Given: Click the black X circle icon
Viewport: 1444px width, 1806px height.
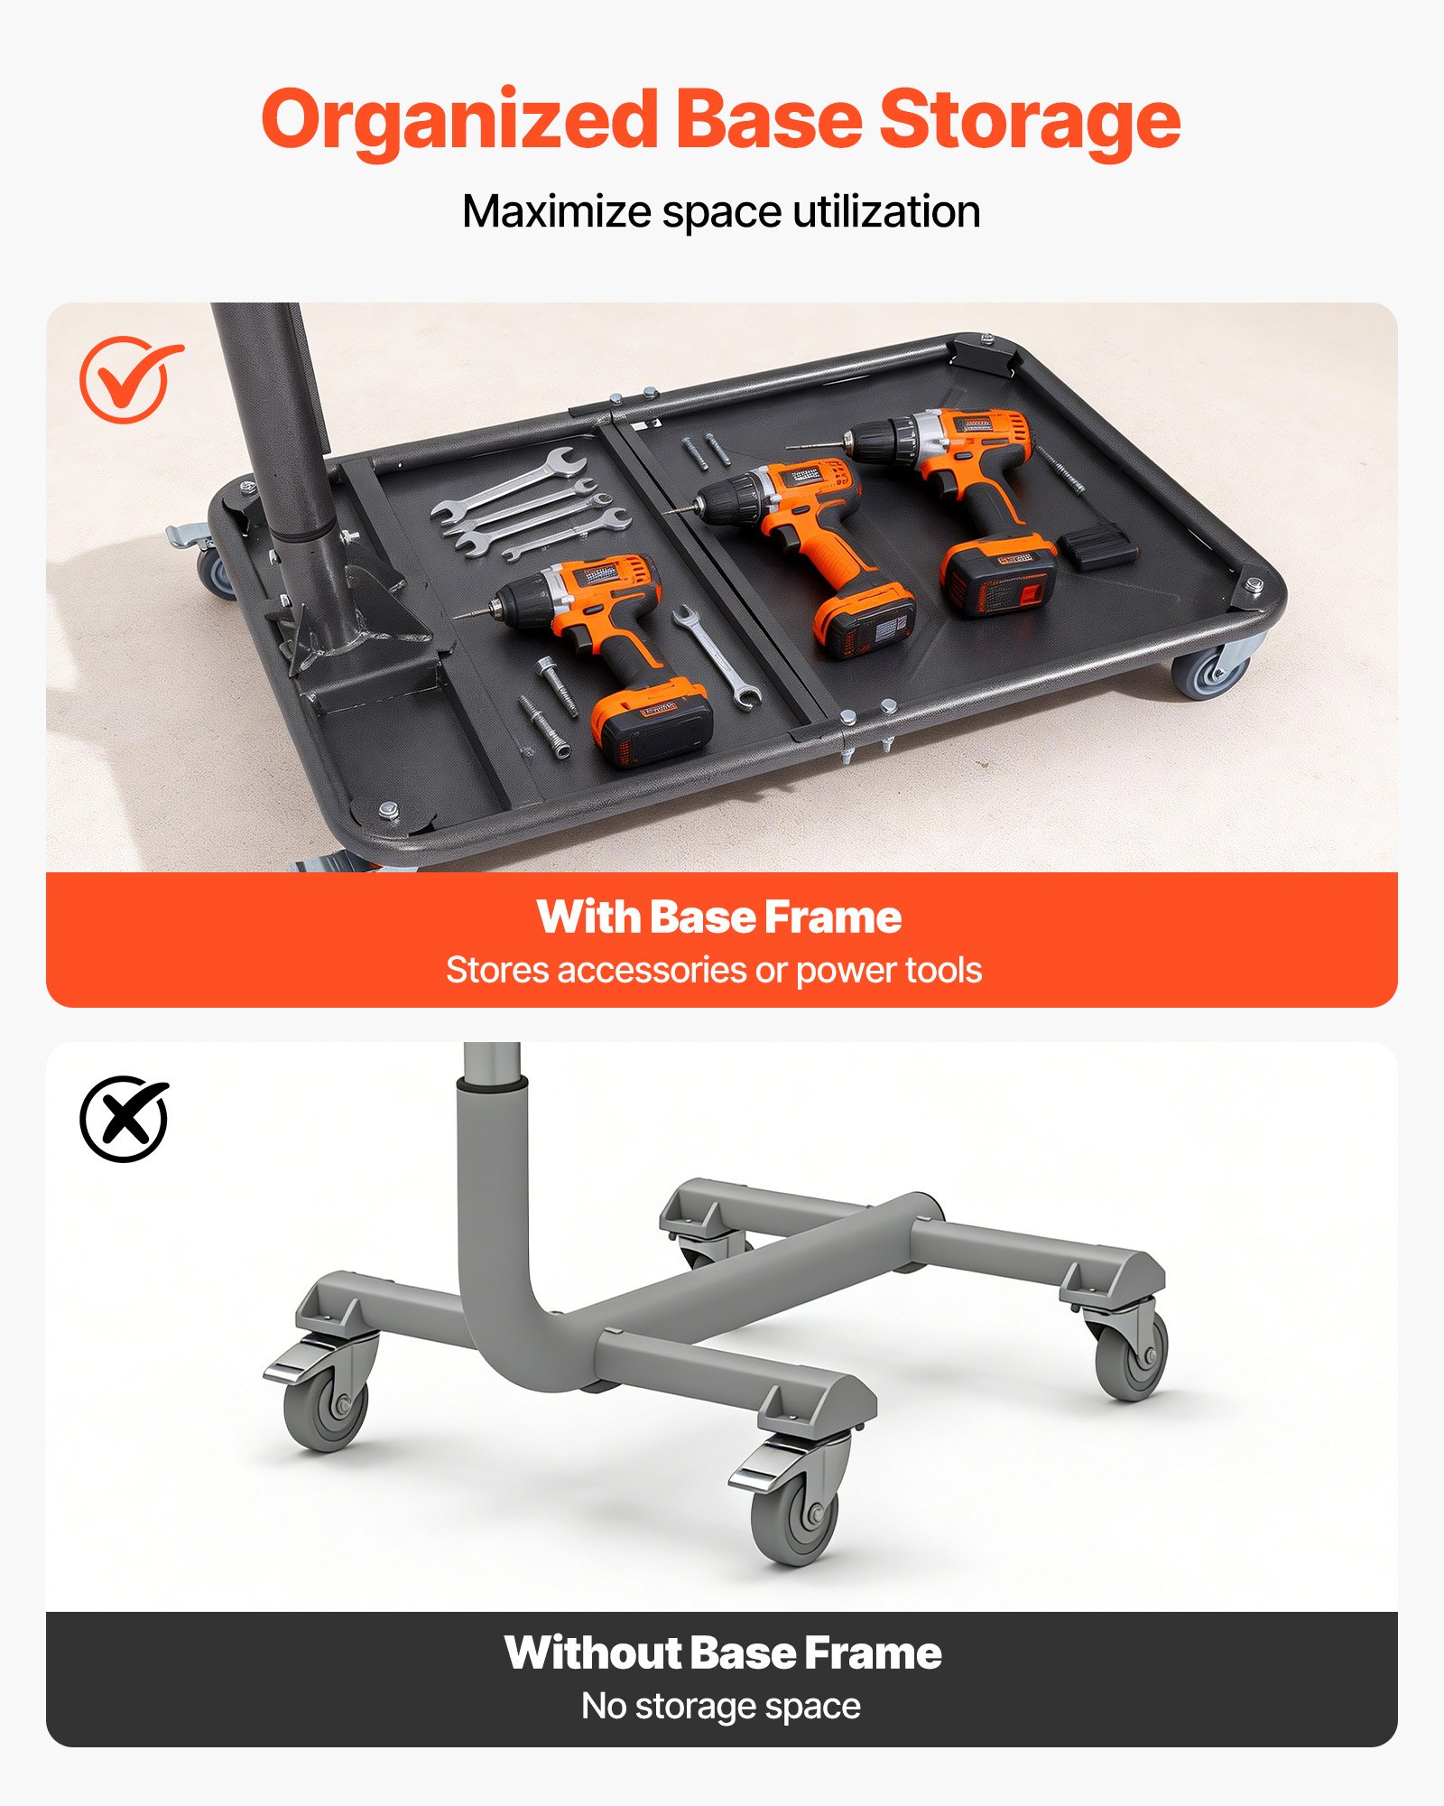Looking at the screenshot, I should (x=125, y=1119).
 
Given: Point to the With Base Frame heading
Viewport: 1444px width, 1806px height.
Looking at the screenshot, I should (x=719, y=917).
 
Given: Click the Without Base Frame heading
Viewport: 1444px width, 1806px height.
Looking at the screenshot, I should (x=722, y=1653).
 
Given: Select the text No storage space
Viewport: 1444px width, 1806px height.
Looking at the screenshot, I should (x=720, y=1707).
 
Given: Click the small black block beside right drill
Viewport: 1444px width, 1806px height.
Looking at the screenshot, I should (x=1097, y=547).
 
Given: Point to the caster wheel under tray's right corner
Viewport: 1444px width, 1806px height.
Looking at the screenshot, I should (x=1209, y=671).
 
